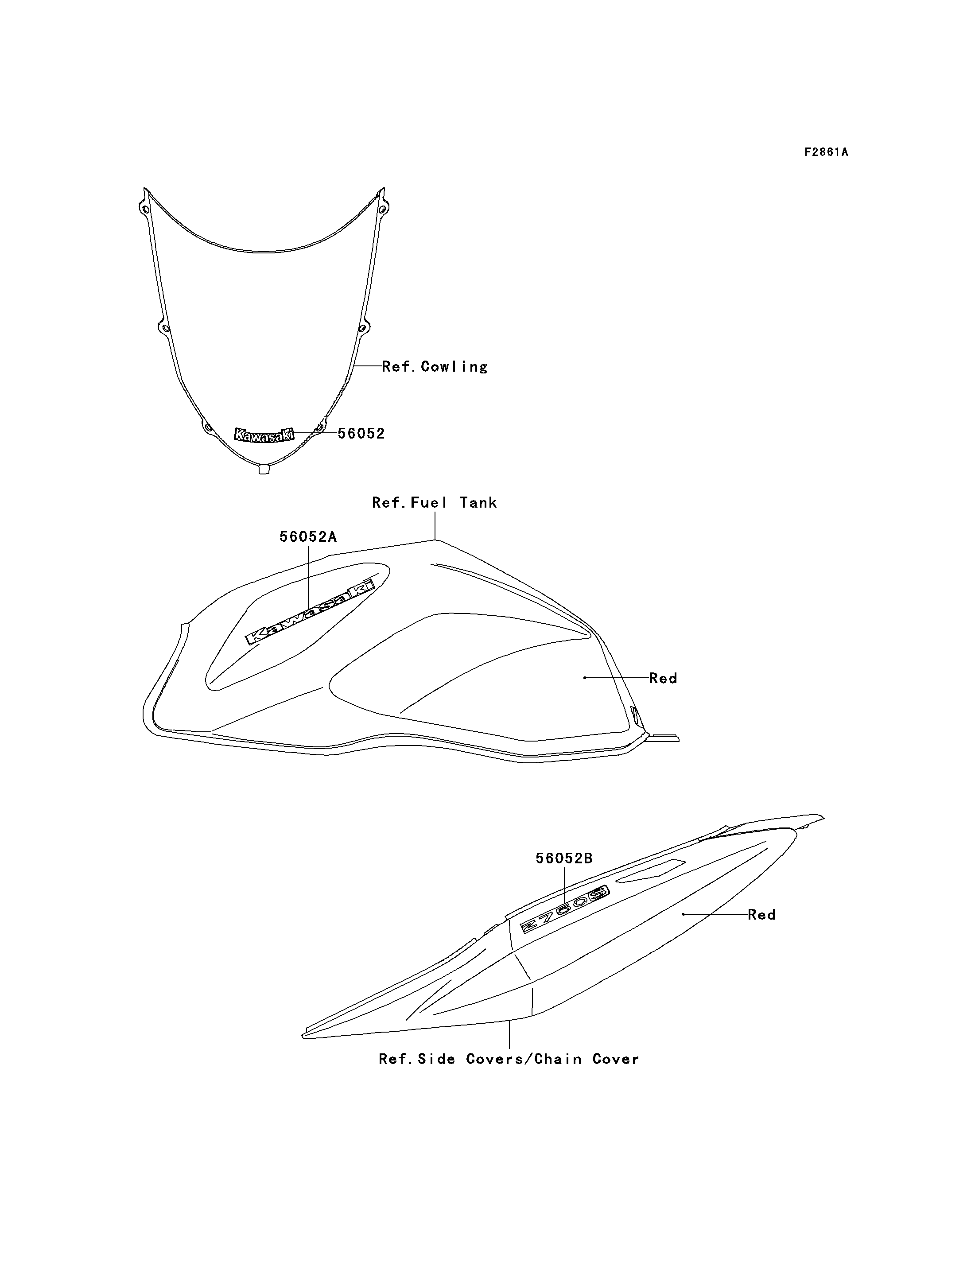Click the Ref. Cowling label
pyautogui.click(x=435, y=366)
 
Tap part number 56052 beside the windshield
pyautogui.click(x=361, y=434)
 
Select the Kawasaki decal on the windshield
pyautogui.click(x=264, y=434)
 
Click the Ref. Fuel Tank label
pyautogui.click(x=434, y=502)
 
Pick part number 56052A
pyautogui.click(x=308, y=536)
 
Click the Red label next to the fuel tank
pyautogui.click(x=663, y=678)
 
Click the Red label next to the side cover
pyautogui.click(x=762, y=914)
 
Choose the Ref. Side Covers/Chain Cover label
pyautogui.click(x=509, y=1059)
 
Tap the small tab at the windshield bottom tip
pyautogui.click(x=264, y=470)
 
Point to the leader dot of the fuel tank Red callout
pyautogui.click(x=585, y=677)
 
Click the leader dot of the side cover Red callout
pyautogui.click(x=684, y=914)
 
